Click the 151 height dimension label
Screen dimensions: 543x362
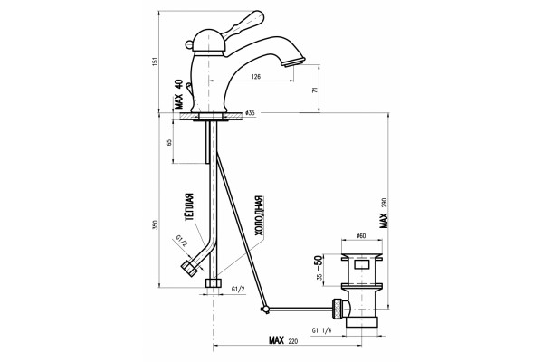156,62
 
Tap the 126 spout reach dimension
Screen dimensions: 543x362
255,77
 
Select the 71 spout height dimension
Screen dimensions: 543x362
315,90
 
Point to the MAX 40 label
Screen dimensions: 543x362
178,94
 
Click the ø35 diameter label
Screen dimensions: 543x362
250,113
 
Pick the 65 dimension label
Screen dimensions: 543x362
169,143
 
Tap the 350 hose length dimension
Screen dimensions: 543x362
156,224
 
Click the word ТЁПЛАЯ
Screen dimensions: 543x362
189,207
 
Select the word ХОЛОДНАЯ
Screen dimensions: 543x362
260,215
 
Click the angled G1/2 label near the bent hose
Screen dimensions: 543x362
182,240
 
